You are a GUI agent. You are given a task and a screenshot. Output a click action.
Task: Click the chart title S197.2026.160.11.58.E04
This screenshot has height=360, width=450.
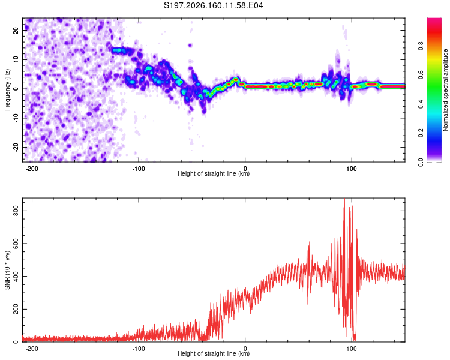[213, 5]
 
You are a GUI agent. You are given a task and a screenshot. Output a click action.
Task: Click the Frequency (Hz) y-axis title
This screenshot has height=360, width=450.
[7, 90]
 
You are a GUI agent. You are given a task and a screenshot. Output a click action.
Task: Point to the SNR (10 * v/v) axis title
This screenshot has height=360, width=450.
[7, 270]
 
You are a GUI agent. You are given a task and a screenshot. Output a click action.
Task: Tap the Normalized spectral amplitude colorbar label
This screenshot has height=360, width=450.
[445, 90]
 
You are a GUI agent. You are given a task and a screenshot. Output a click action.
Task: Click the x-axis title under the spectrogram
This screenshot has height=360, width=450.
[214, 173]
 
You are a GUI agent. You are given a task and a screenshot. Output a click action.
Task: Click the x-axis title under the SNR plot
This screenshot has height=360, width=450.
[214, 353]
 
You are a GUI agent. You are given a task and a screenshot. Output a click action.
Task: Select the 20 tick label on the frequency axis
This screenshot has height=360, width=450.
[16, 30]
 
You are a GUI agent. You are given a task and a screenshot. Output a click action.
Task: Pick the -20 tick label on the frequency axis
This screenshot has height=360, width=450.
[16, 147]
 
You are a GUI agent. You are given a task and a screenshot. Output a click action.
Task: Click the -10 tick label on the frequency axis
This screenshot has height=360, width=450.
[16, 118]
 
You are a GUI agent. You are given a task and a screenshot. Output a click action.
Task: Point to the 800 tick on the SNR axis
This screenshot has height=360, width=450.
[16, 211]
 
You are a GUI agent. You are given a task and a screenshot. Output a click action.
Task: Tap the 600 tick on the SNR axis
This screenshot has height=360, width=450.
[16, 244]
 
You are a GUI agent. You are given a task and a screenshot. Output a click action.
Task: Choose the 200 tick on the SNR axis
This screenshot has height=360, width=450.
[16, 309]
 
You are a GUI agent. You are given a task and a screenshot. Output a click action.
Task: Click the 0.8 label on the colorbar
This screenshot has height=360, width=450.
[421, 46]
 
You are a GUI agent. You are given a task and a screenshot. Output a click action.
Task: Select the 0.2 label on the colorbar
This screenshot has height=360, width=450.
[421, 133]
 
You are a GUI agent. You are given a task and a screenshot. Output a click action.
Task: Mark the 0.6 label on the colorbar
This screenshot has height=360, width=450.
[421, 75]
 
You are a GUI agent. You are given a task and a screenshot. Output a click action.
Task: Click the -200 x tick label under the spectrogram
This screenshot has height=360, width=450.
[32, 169]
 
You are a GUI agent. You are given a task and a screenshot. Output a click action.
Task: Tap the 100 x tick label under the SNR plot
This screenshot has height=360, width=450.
[351, 349]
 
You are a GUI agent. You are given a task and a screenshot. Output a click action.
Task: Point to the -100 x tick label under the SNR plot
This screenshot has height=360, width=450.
[139, 349]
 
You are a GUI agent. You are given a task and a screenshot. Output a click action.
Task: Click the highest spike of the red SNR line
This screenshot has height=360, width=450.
[344, 199]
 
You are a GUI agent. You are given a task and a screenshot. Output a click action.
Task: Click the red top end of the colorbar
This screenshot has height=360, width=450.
[434, 19]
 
